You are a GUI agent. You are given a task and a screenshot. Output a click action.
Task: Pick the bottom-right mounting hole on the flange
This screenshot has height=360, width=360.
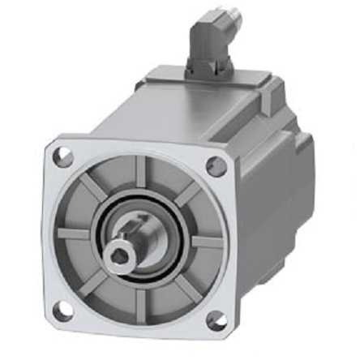point(216,322)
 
